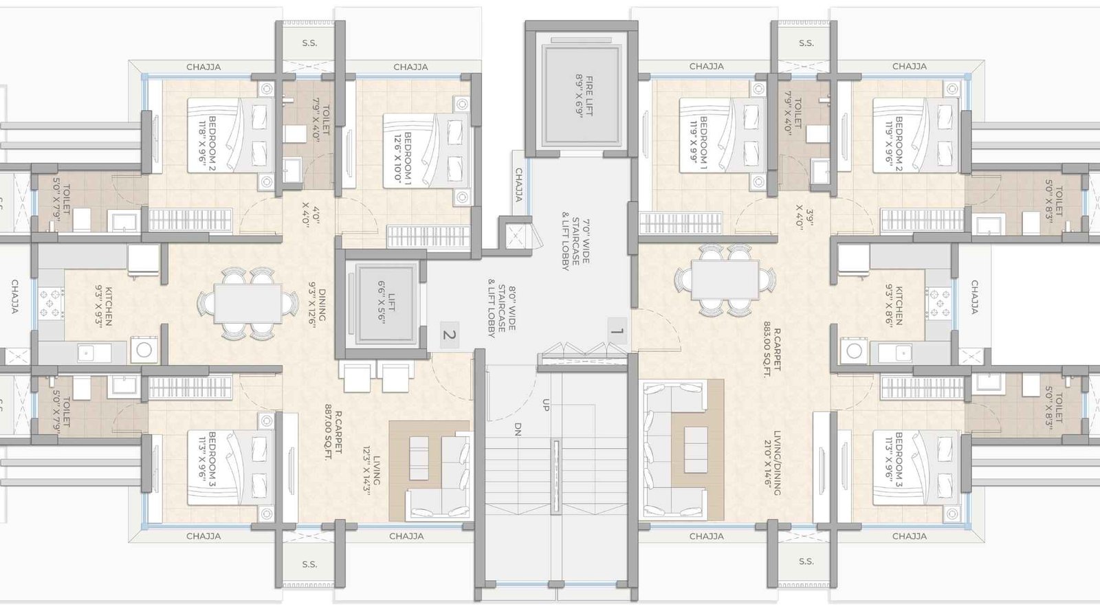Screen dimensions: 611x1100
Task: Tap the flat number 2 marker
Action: [x=449, y=335]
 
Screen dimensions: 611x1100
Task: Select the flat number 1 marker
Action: [x=617, y=331]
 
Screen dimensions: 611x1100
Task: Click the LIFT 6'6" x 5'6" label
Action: [x=386, y=302]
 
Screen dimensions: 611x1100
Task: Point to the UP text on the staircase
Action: [x=546, y=405]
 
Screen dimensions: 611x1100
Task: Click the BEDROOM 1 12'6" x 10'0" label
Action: [x=403, y=157]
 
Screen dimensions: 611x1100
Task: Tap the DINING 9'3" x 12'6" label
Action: [x=318, y=305]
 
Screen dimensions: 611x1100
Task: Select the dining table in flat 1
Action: [x=725, y=280]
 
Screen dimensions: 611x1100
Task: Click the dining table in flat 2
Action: [x=246, y=303]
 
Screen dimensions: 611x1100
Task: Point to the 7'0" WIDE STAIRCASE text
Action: [x=576, y=244]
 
